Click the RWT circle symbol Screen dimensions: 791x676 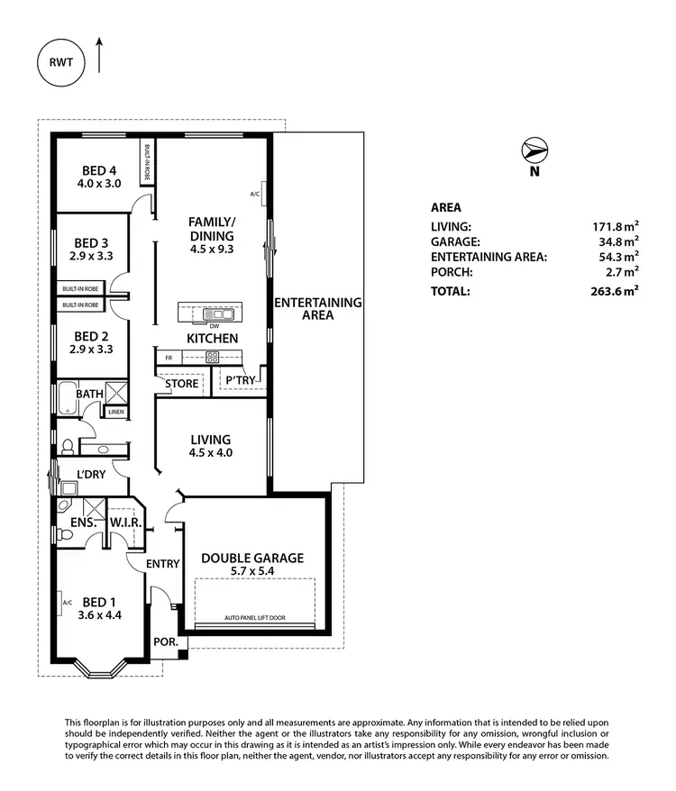tap(62, 64)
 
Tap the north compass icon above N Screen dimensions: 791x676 tap(534, 150)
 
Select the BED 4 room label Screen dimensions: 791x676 tap(100, 169)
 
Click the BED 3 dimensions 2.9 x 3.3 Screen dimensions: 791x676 tap(93, 257)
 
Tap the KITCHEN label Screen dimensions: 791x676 tap(212, 338)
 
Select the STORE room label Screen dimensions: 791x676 tap(181, 383)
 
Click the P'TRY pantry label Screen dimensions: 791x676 tap(241, 382)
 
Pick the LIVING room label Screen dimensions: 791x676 tap(212, 440)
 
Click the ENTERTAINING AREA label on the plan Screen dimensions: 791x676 tap(317, 309)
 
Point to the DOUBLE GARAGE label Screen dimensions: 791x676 tap(252, 558)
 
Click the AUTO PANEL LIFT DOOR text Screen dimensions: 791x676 tap(255, 619)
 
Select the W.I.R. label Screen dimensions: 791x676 tap(123, 523)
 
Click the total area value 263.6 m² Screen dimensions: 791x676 tap(617, 291)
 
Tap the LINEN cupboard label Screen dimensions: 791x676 tap(115, 412)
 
